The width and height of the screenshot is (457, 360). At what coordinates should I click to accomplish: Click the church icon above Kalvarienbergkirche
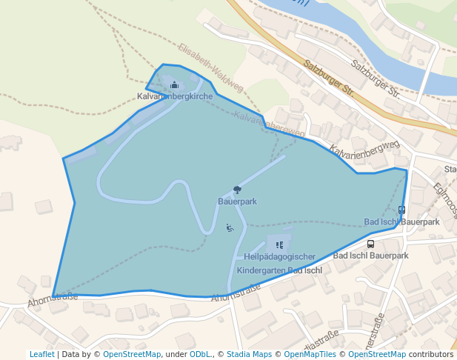(175, 85)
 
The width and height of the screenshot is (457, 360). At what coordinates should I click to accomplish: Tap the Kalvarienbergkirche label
(175, 97)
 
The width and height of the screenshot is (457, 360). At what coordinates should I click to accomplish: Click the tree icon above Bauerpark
(237, 190)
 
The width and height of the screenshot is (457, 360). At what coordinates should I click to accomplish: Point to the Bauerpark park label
(237, 201)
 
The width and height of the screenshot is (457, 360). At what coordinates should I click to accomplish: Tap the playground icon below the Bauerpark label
(230, 227)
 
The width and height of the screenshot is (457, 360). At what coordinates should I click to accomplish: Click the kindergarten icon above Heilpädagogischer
(279, 244)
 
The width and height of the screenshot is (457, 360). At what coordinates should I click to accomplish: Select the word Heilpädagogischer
(279, 257)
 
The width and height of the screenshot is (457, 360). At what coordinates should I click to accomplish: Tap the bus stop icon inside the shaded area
(401, 210)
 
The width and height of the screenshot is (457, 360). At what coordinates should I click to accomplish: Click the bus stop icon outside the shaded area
(370, 244)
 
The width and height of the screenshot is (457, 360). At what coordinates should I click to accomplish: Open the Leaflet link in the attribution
(41, 355)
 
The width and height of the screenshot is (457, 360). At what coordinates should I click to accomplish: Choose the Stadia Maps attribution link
(249, 355)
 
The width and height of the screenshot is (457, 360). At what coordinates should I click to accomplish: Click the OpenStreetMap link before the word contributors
(377, 355)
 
